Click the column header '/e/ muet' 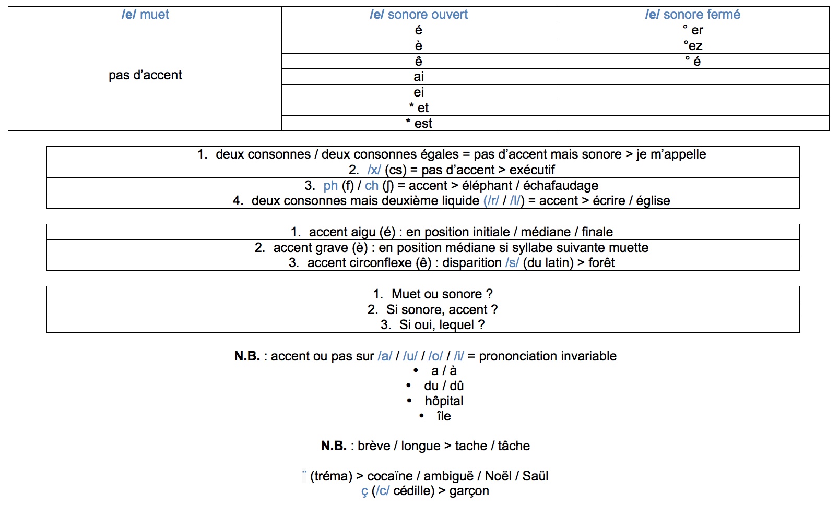pos(145,15)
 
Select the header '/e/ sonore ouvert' pos(419,15)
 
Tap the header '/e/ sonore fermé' pos(692,15)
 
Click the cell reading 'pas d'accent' pos(145,76)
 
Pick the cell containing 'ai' pos(419,77)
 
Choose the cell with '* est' pos(419,124)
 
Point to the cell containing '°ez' pos(693,46)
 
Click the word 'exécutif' pos(532,170)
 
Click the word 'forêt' pos(601,263)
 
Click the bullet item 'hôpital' pos(444,401)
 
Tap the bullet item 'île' pos(444,416)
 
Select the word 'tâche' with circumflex pos(514,446)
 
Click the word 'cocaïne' pos(390,476)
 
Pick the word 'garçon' pos(469,491)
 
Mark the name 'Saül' pos(535,476)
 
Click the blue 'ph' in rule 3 pos(330,186)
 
